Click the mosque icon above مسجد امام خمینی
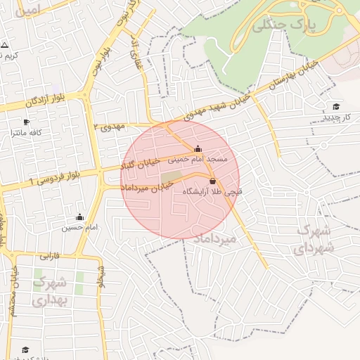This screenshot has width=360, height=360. point(198,149)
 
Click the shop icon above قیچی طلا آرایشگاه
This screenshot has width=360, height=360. point(212,181)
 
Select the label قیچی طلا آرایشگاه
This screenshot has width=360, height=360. point(212,191)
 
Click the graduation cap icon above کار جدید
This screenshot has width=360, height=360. point(335,106)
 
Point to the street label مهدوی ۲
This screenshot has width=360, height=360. point(109,126)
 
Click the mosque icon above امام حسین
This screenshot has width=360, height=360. point(79,217)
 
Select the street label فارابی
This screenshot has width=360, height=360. point(49,256)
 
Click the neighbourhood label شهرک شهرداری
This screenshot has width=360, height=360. point(314,238)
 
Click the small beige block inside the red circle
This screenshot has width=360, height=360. point(174,176)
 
